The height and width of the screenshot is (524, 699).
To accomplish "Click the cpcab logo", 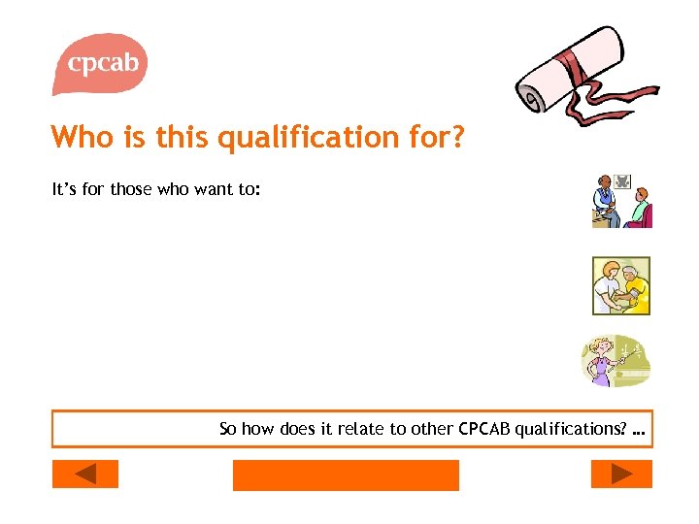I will click(x=100, y=64).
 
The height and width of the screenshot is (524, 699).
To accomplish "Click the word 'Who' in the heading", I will click(x=83, y=138).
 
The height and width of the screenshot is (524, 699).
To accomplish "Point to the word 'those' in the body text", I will click(x=131, y=189).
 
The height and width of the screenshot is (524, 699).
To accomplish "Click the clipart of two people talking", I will click(x=621, y=201).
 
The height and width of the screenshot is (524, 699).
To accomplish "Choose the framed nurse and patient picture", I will click(x=621, y=285).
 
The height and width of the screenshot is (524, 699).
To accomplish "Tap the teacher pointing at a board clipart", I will click(x=616, y=360).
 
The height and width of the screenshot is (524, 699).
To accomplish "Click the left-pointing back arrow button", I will click(x=84, y=474).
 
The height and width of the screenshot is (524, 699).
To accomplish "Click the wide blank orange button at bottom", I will click(x=346, y=475).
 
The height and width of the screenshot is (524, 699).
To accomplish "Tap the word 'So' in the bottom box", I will click(x=228, y=428).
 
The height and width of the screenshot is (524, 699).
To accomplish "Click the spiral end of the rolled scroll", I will click(x=531, y=97).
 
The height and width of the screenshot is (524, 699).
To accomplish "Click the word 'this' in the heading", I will click(x=181, y=138).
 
